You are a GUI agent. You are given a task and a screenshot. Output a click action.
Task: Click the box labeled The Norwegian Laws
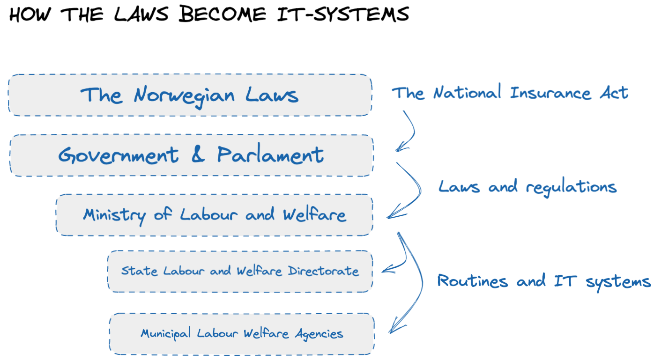(x=190, y=95)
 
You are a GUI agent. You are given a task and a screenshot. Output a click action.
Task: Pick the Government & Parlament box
(x=191, y=155)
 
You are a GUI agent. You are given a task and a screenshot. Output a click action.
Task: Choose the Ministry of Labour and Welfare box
(x=215, y=215)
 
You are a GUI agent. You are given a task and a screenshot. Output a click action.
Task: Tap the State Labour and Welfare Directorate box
(x=240, y=271)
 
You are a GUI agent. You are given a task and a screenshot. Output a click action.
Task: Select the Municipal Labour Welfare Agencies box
(x=242, y=334)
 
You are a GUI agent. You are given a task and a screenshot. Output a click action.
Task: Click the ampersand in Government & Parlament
(x=198, y=154)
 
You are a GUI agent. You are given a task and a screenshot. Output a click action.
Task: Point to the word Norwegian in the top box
(x=184, y=96)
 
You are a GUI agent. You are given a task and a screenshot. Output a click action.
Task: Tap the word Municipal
(x=165, y=334)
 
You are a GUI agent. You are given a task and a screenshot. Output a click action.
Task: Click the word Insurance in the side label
(x=550, y=93)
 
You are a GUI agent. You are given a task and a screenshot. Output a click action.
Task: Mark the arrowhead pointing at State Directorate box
(x=386, y=270)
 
